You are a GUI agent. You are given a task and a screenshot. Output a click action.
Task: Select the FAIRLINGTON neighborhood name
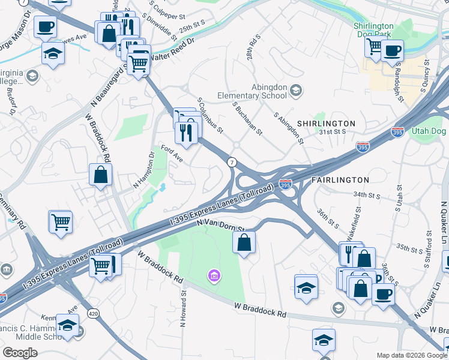340,180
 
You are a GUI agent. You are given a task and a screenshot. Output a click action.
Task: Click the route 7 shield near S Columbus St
231,163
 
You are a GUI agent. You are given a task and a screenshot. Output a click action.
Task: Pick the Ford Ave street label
172,154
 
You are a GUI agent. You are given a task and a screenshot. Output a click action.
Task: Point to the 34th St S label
367,195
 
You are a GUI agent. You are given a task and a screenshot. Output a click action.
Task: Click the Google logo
20,353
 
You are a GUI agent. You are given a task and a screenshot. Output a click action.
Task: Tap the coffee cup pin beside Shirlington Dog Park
392,50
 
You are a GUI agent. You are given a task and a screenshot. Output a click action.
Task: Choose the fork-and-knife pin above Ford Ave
188,131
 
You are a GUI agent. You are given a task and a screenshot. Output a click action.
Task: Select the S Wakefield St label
358,221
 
